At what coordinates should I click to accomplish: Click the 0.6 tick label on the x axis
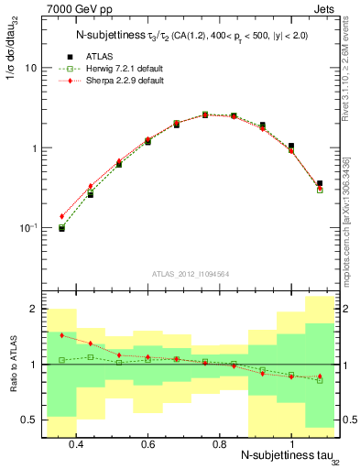147,443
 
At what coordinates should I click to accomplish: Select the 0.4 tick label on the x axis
76,443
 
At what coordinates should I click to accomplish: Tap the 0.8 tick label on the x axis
219,443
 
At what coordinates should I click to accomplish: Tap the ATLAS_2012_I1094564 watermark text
189,275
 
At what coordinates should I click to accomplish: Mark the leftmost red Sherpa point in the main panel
62,216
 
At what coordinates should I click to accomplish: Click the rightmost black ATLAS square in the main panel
319,183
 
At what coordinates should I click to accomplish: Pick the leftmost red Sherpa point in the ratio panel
62,335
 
